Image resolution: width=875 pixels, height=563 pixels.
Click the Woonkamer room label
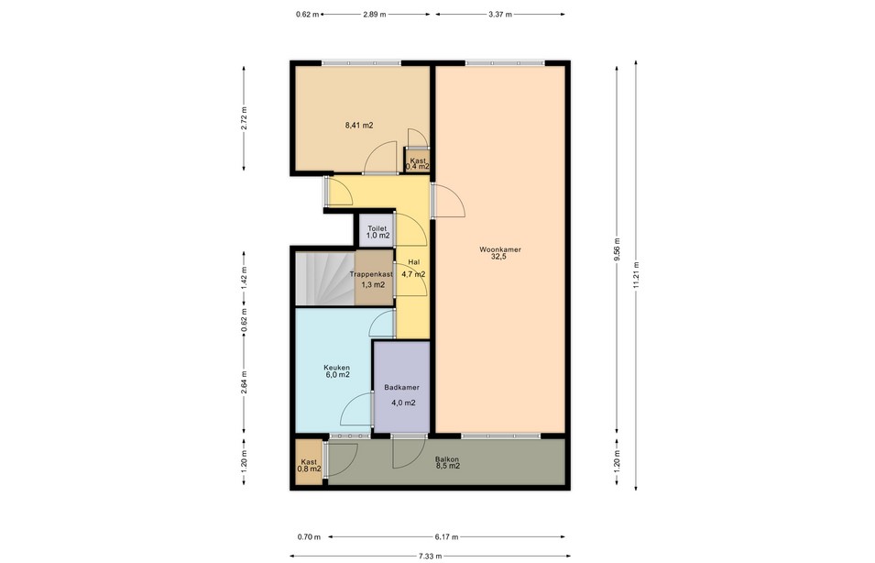pyautogui.click(x=500, y=249)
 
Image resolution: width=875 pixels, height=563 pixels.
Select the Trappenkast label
pyautogui.click(x=371, y=274)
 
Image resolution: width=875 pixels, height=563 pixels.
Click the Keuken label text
pyautogui.click(x=337, y=368)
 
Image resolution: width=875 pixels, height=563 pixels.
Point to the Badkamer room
pyautogui.click(x=402, y=387)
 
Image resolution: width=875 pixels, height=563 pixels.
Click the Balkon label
pyautogui.click(x=447, y=459)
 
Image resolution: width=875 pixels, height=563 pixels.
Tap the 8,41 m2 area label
pyautogui.click(x=359, y=125)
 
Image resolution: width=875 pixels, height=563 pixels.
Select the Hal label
pyautogui.click(x=413, y=262)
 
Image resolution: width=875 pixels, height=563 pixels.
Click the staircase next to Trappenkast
pyautogui.click(x=324, y=279)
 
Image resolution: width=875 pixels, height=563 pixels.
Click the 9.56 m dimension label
pyautogui.click(x=618, y=249)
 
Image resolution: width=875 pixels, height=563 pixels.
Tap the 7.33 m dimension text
pyautogui.click(x=431, y=557)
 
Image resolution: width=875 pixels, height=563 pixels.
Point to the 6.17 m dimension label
pyautogui.click(x=446, y=537)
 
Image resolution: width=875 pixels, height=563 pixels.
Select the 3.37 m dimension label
pyautogui.click(x=500, y=15)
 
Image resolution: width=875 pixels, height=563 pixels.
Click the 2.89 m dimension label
pyautogui.click(x=375, y=15)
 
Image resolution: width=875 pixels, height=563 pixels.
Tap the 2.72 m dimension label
pyautogui.click(x=244, y=118)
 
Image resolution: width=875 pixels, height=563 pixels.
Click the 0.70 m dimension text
pyautogui.click(x=309, y=537)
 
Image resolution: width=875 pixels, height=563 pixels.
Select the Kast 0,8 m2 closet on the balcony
pyautogui.click(x=309, y=462)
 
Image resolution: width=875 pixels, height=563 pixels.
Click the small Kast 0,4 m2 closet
pyautogui.click(x=417, y=161)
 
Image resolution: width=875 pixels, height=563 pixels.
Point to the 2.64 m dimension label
pyautogui.click(x=244, y=382)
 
